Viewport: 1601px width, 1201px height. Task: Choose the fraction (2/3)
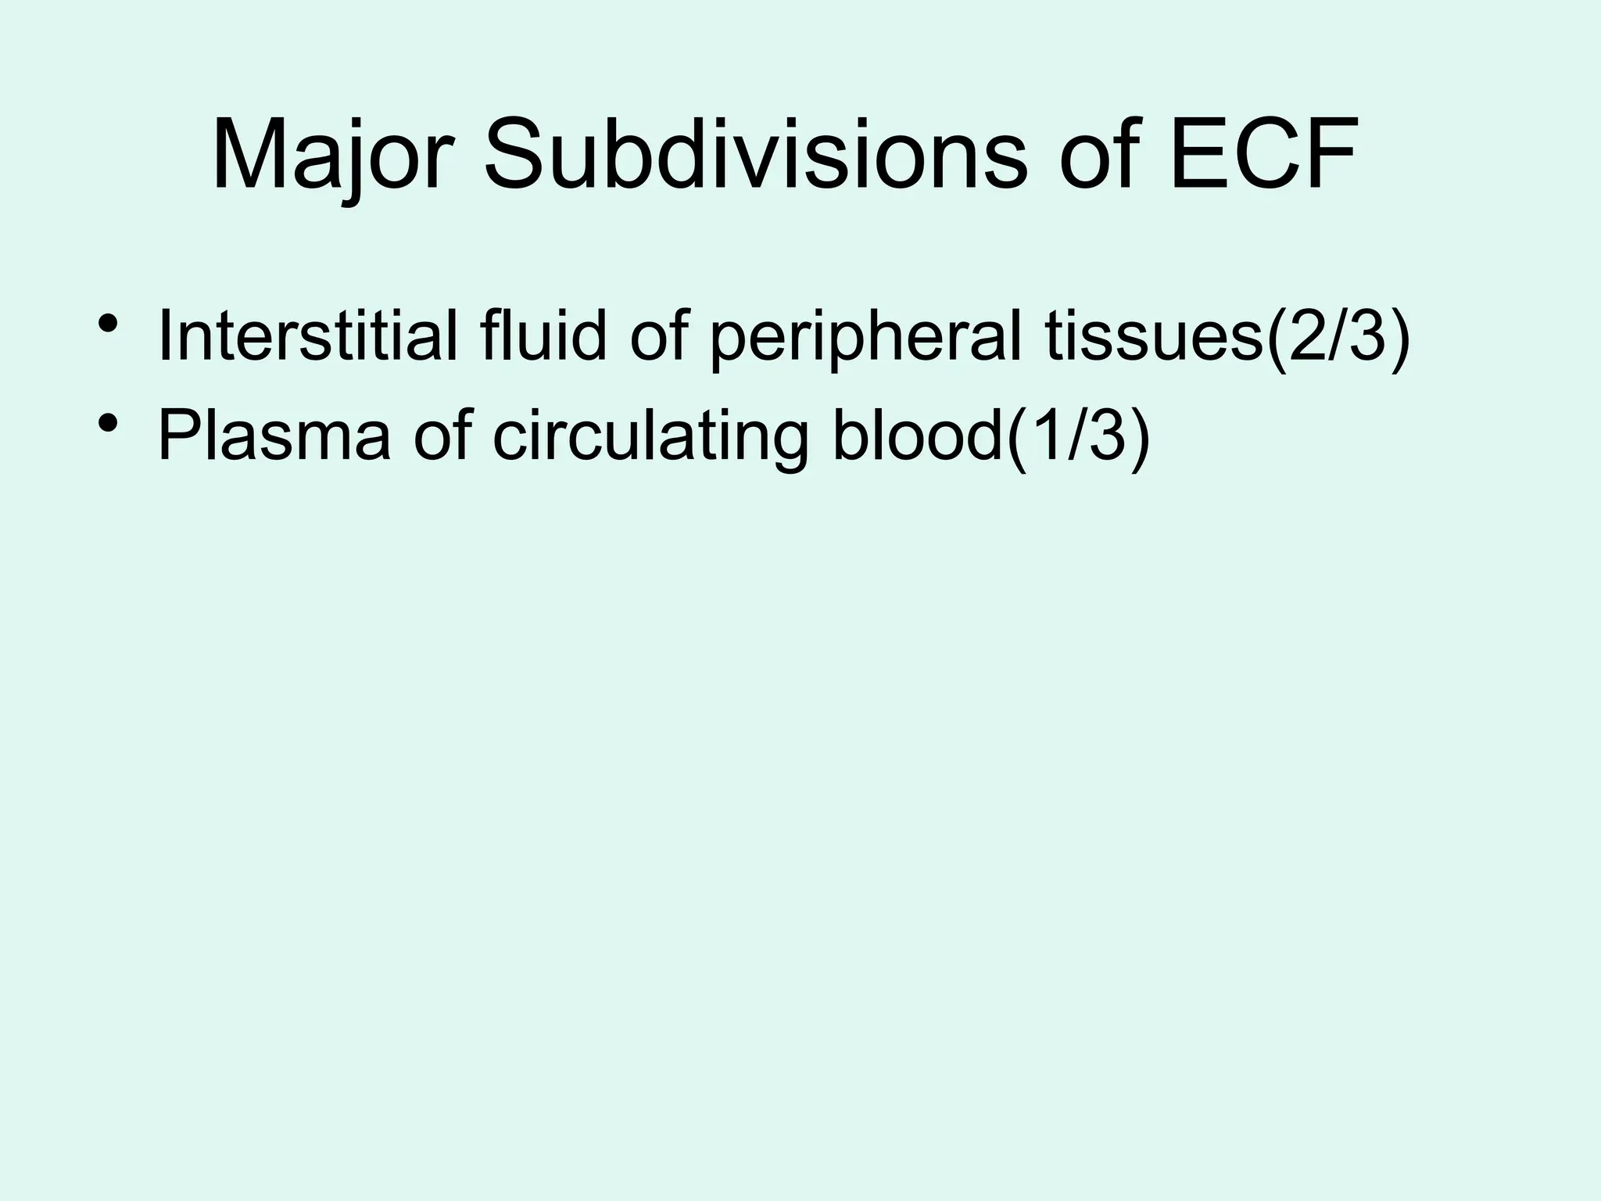(1338, 338)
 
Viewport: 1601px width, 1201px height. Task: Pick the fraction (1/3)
(1078, 436)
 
